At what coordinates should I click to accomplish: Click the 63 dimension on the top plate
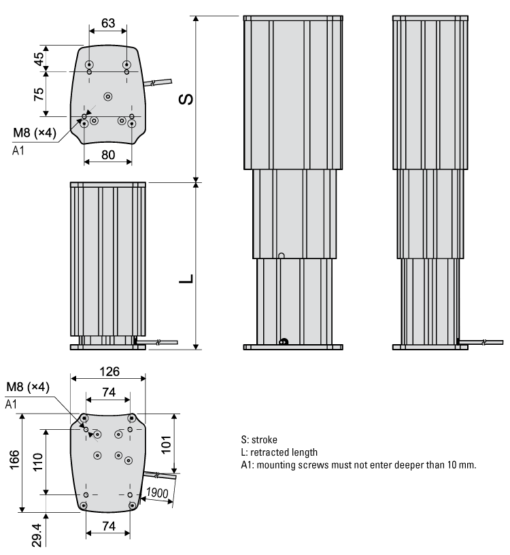point(107,23)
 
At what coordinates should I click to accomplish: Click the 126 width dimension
point(109,371)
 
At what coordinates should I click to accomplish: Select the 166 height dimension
point(15,462)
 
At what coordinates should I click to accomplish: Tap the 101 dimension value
point(185,443)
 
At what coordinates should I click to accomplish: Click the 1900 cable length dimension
point(157,493)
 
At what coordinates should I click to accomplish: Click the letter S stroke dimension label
point(185,99)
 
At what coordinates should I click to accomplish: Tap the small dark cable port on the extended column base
point(284,341)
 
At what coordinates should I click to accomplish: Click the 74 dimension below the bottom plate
point(107,526)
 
